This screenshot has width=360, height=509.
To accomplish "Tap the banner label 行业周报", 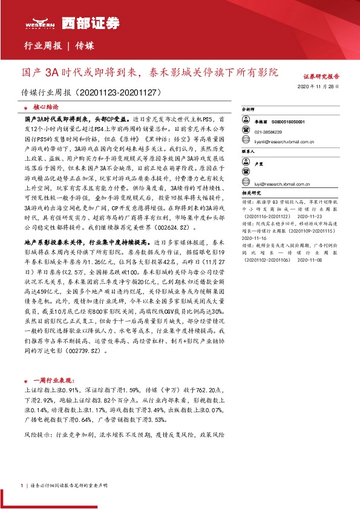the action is click(42, 46).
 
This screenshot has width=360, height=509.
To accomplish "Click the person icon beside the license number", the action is click(248, 122).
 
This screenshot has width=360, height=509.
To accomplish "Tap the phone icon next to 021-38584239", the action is click(248, 132).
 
